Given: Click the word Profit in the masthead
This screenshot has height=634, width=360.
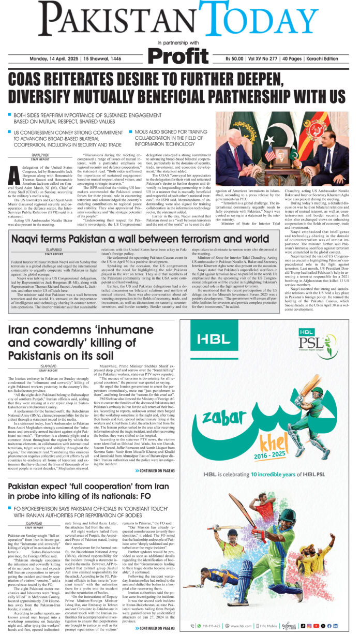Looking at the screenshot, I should [x=179, y=55].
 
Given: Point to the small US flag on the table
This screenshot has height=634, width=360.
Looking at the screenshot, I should [x=269, y=153].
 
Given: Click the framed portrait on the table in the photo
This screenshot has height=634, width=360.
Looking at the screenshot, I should [x=283, y=154].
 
